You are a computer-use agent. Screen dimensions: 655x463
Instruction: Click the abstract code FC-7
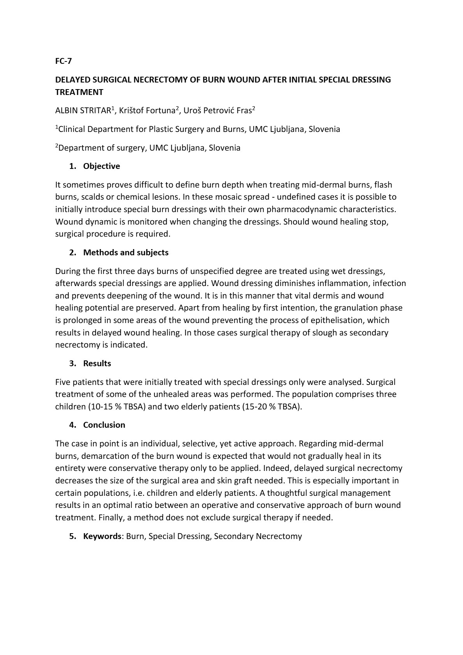63,61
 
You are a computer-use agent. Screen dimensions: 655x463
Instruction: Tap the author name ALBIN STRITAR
83,111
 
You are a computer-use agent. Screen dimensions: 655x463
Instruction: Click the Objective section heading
102,166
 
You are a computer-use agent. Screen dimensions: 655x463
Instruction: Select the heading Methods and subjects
126,253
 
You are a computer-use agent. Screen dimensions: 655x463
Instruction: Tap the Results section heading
97,363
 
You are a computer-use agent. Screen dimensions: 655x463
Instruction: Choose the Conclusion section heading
104,425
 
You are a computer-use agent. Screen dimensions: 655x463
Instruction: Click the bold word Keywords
102,536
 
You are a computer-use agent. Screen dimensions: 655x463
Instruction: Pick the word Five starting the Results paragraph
63,382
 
